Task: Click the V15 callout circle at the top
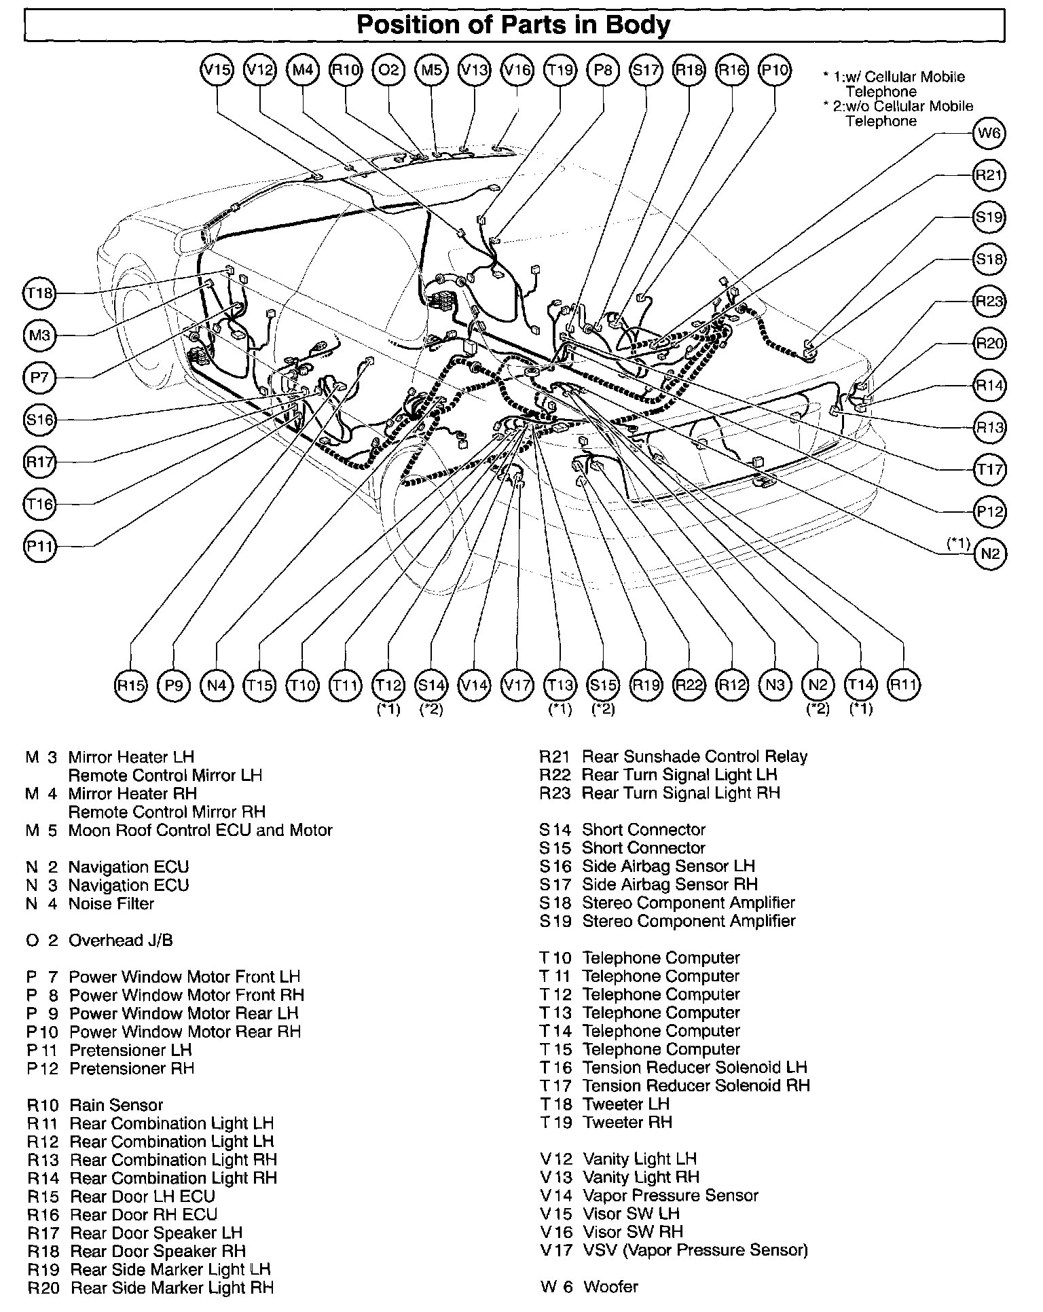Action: coord(217,70)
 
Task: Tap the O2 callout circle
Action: coord(388,70)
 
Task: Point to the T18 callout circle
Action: coord(40,293)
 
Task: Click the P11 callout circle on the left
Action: coord(40,546)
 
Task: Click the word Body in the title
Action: coord(638,26)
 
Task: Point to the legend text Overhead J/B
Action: coord(120,941)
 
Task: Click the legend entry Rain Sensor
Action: coord(116,1106)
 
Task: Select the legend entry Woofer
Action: coord(610,1286)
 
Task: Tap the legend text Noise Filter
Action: coord(111,904)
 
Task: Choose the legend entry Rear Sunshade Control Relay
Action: coord(695,757)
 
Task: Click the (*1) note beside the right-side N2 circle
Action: coord(959,543)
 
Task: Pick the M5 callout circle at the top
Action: coord(432,70)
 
